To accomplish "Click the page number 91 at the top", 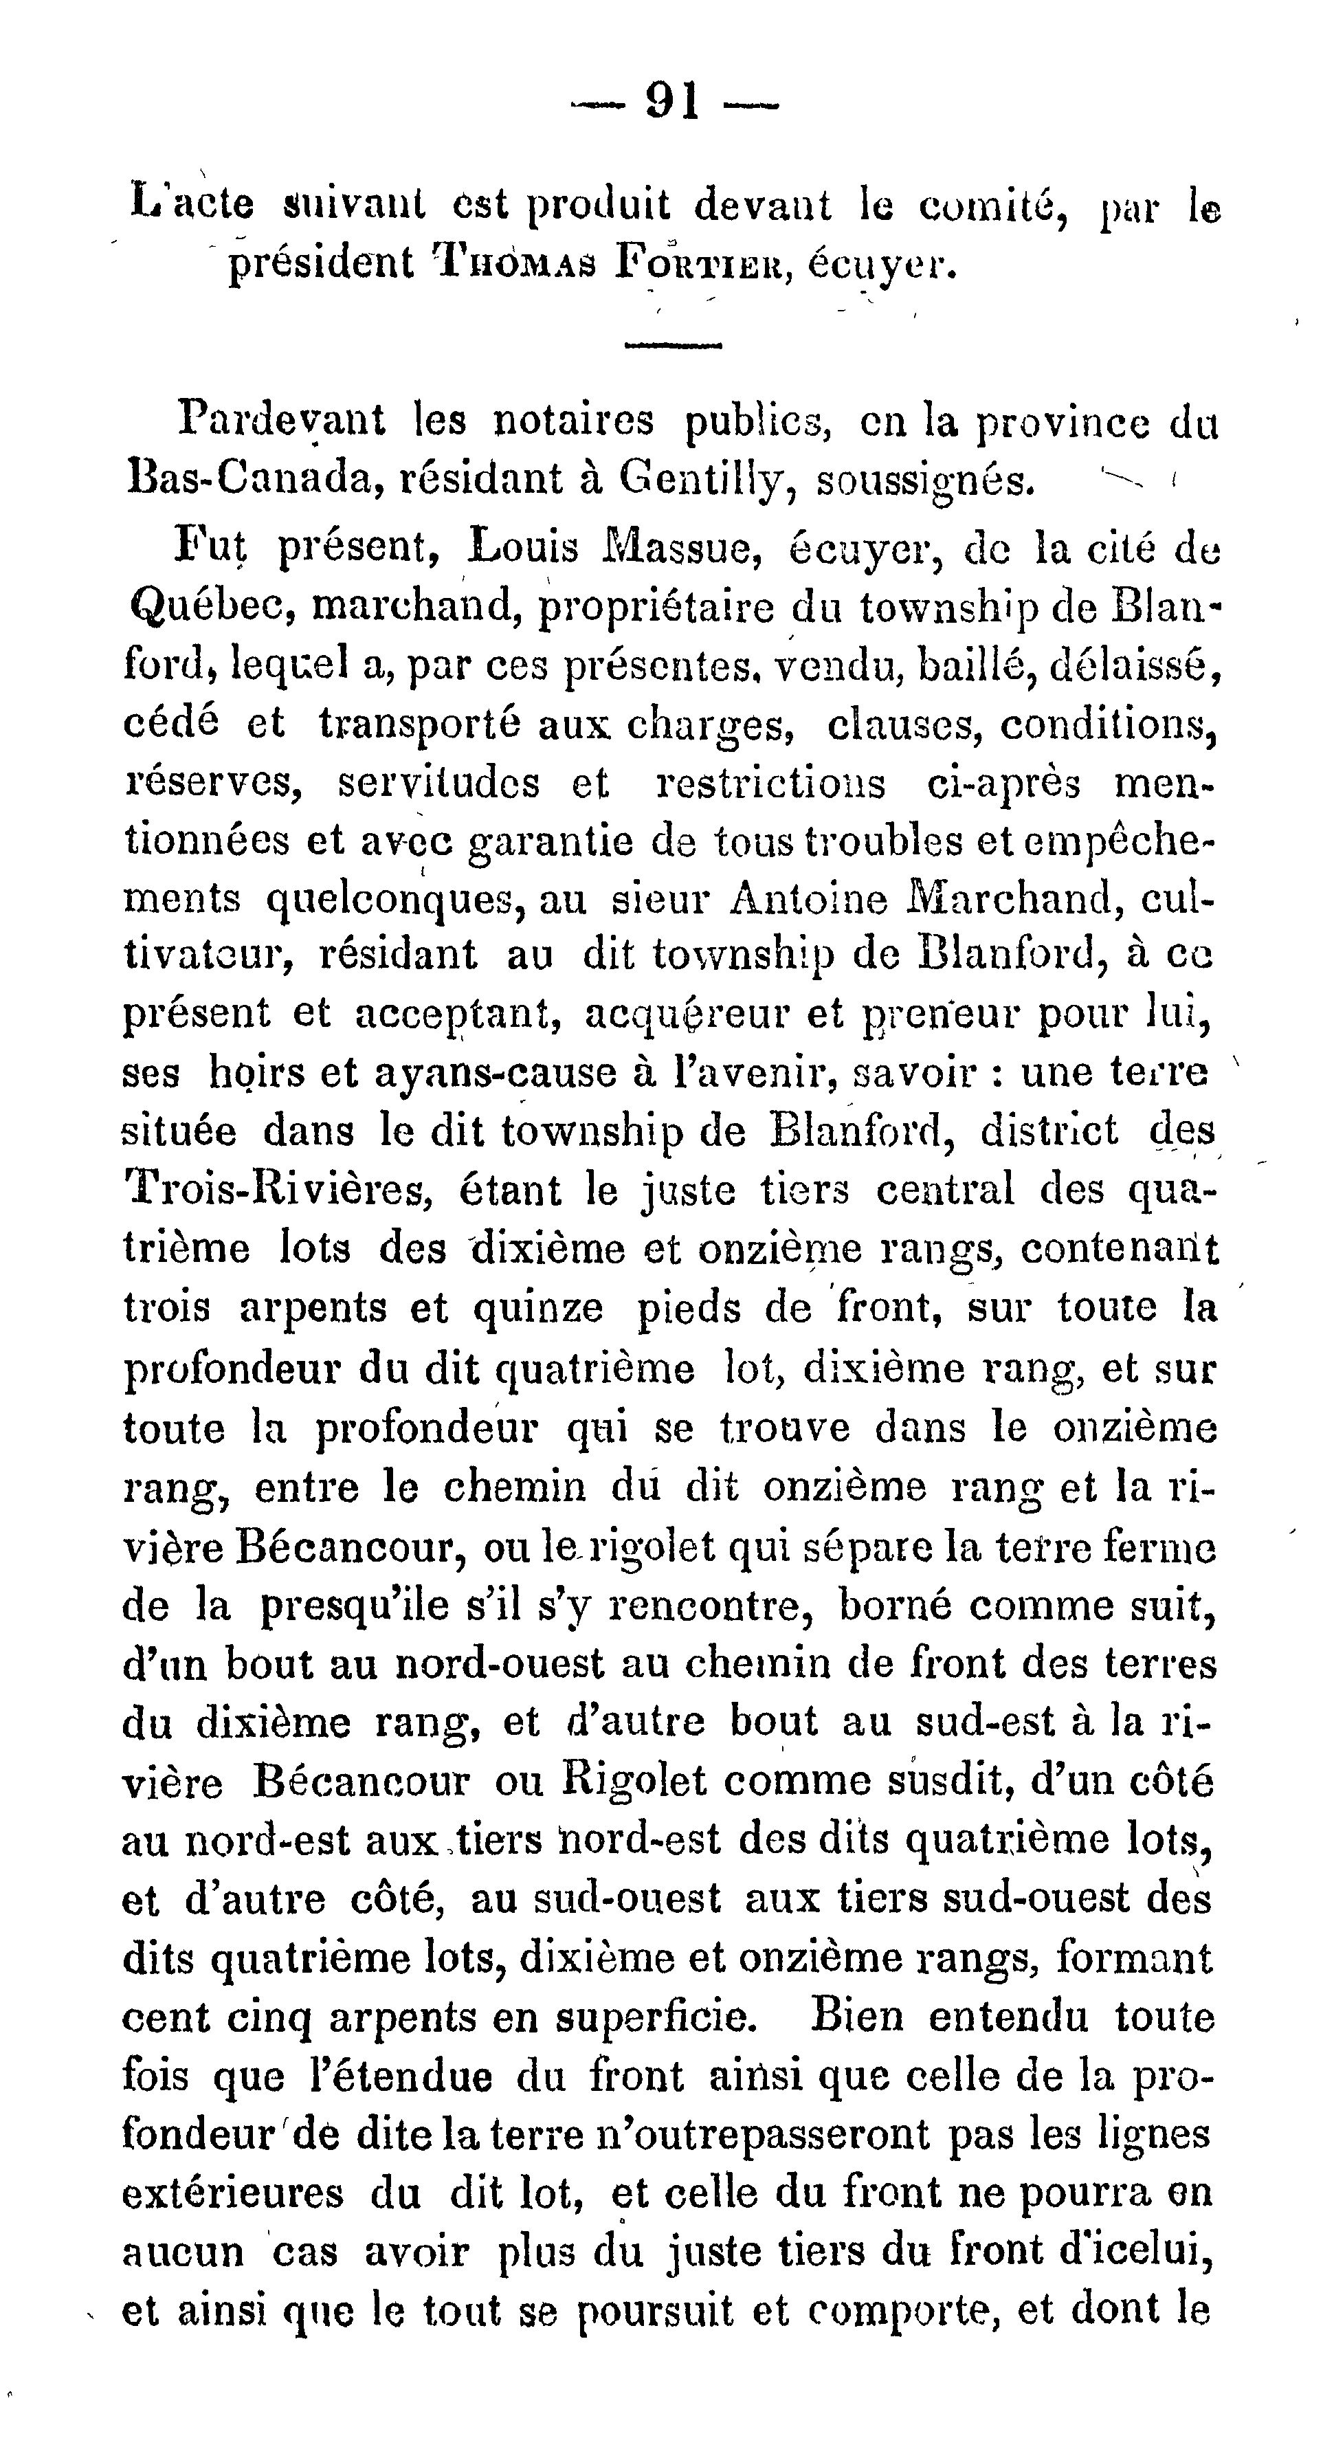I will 673,99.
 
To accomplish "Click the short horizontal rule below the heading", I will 673,345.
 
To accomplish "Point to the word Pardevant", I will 282,419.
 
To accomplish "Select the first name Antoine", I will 808,899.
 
